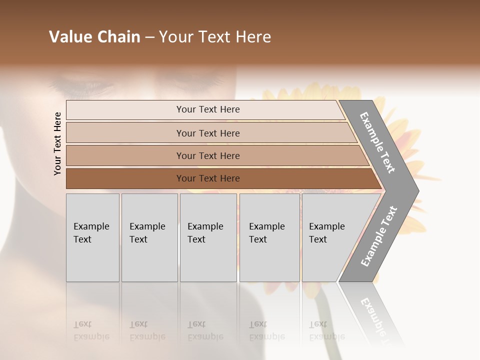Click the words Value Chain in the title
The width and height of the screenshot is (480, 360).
click(x=94, y=37)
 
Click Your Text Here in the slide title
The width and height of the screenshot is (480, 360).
click(x=215, y=37)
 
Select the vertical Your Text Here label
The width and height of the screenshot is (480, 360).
click(x=57, y=143)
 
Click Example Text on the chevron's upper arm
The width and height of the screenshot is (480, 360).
click(x=377, y=142)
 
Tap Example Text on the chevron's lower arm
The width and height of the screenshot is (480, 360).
click(x=379, y=236)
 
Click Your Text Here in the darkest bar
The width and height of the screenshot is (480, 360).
click(x=208, y=178)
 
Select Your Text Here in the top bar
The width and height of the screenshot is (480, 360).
click(x=208, y=109)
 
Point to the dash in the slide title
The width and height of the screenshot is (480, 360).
click(x=149, y=37)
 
